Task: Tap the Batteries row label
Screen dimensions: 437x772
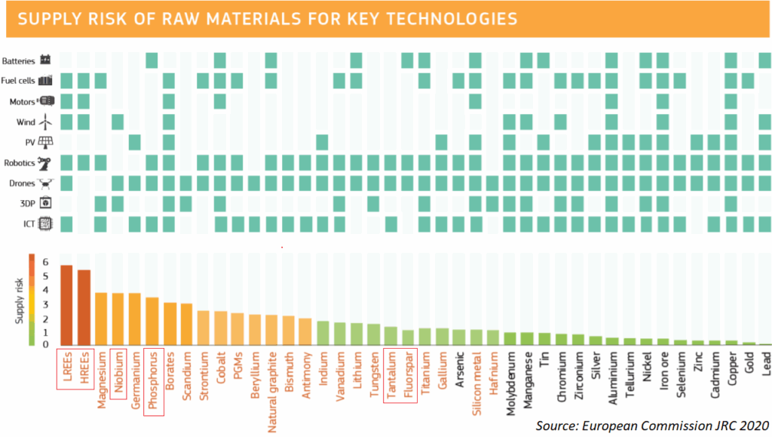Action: coord(20,60)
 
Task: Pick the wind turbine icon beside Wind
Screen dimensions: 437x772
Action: coord(46,122)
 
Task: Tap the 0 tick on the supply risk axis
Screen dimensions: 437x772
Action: coord(45,344)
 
